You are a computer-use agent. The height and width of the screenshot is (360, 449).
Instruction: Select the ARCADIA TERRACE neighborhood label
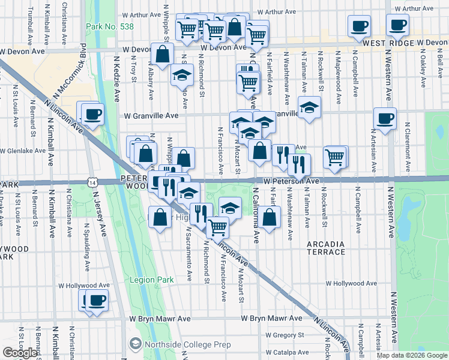point(326,248)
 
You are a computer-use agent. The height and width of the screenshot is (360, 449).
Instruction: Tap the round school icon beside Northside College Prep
point(135,344)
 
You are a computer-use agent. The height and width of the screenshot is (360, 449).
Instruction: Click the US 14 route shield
point(91,181)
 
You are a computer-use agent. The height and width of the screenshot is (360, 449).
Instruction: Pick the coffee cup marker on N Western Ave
point(384,117)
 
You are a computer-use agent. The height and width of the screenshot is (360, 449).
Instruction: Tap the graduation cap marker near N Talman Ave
point(309,106)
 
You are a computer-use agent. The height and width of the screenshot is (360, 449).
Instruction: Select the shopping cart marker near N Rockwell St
point(335,157)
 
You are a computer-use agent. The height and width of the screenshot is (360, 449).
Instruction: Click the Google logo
point(20,352)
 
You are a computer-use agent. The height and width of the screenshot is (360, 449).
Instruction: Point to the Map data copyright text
point(412,355)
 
